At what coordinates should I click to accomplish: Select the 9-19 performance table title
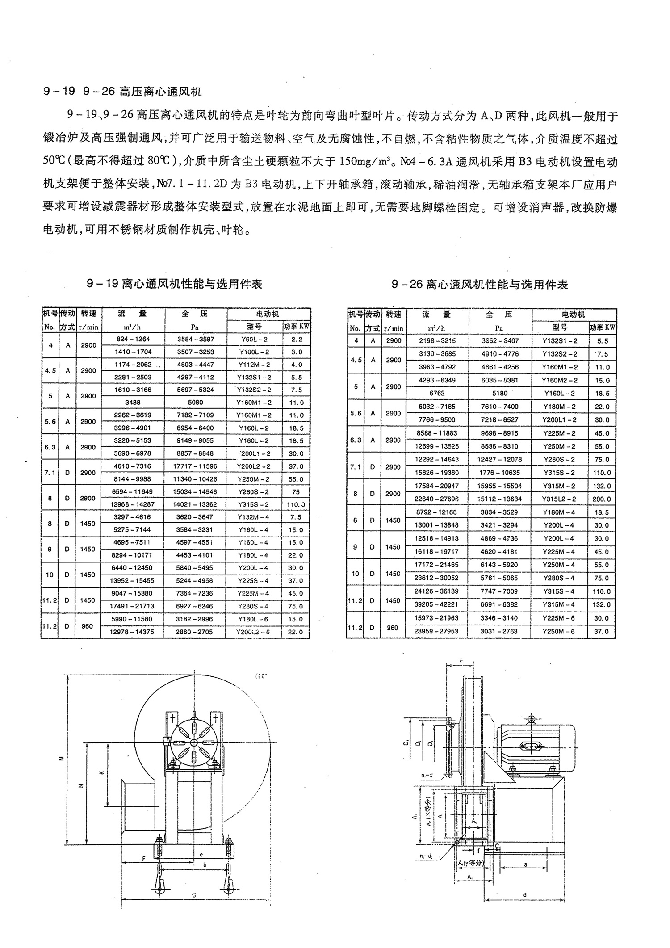(x=174, y=284)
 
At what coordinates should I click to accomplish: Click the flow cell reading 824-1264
(x=133, y=339)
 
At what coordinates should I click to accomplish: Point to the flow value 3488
(x=133, y=402)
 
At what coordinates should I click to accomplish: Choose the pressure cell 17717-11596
(x=195, y=466)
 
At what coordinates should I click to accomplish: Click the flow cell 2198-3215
(x=437, y=340)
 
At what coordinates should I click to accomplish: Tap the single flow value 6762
(x=437, y=394)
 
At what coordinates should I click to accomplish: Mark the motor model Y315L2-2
(x=560, y=499)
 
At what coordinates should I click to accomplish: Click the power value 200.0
(x=602, y=499)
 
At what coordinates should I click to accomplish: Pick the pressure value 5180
(x=499, y=394)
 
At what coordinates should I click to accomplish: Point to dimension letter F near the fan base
(x=143, y=859)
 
